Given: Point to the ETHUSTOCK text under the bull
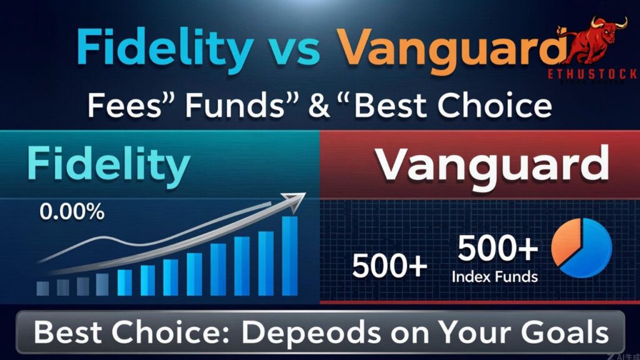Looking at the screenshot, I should pyautogui.click(x=591, y=74).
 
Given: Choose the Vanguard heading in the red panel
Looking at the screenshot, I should pyautogui.click(x=493, y=165).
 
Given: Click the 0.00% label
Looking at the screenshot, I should pyautogui.click(x=71, y=212).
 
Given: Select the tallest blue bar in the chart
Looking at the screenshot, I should pyautogui.click(x=290, y=256).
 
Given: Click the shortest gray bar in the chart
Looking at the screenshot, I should pyautogui.click(x=42, y=288).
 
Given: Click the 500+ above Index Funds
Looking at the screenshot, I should pyautogui.click(x=497, y=250).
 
